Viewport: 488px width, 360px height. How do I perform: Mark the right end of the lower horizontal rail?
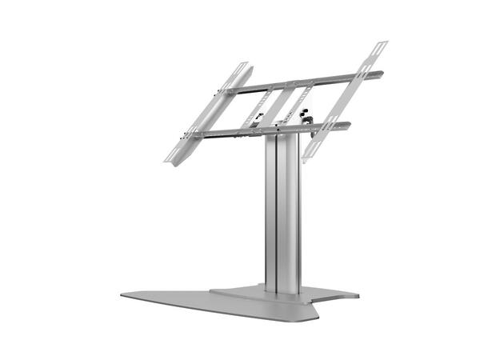point(350,125)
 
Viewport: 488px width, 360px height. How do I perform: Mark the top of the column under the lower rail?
point(282,138)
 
